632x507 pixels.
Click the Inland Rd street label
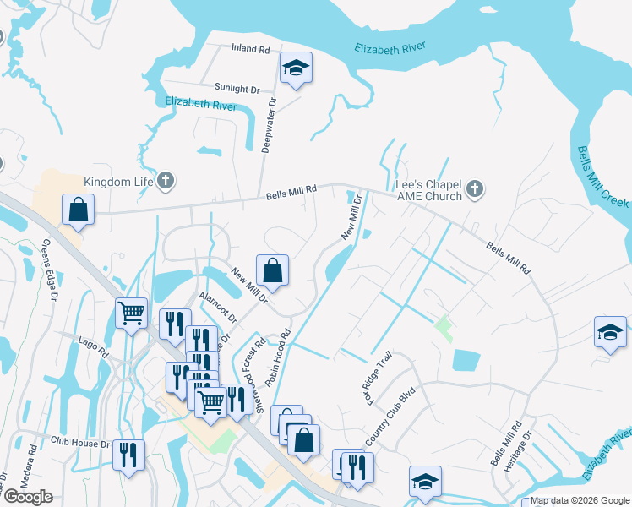pos(249,48)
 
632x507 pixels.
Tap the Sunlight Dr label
pos(237,89)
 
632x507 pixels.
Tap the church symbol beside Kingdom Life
pos(166,180)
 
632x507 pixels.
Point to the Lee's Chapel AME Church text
pos(429,190)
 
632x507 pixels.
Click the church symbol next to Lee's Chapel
pos(475,189)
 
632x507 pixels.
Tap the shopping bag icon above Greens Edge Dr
pos(78,210)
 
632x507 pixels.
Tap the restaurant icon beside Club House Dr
pos(128,455)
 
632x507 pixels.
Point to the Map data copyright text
pos(579,500)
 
